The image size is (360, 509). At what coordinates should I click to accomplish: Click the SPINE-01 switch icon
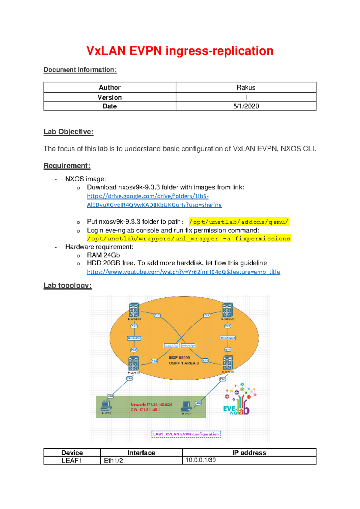coord(134,310)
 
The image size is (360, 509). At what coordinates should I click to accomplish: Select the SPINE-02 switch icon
coord(227,310)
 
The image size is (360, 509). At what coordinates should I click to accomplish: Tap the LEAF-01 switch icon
coord(133,363)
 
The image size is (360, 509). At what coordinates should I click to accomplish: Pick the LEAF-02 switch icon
coord(227,363)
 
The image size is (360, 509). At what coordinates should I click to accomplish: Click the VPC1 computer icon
coord(106,405)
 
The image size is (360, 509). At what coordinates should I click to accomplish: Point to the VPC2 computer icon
coord(186,406)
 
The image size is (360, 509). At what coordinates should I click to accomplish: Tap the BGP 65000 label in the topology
coord(179,358)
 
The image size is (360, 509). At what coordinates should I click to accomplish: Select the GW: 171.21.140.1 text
coord(145,410)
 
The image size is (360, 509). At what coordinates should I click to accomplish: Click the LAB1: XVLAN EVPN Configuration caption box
coord(186,434)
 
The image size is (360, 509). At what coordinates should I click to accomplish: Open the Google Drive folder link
coord(154,200)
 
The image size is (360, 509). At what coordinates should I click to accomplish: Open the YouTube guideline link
coord(183,272)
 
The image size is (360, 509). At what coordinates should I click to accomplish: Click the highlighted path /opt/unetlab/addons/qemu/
coord(239,222)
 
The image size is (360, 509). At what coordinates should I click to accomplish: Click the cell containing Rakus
coord(246,88)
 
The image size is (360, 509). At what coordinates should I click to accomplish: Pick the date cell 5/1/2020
coord(246,106)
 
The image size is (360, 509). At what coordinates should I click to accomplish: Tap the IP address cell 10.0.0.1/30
coord(200,460)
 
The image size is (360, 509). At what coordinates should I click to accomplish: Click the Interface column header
coord(141,453)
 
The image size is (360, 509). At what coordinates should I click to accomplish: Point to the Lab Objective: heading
coord(68,132)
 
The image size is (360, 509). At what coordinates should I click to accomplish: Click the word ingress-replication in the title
coord(219,51)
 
